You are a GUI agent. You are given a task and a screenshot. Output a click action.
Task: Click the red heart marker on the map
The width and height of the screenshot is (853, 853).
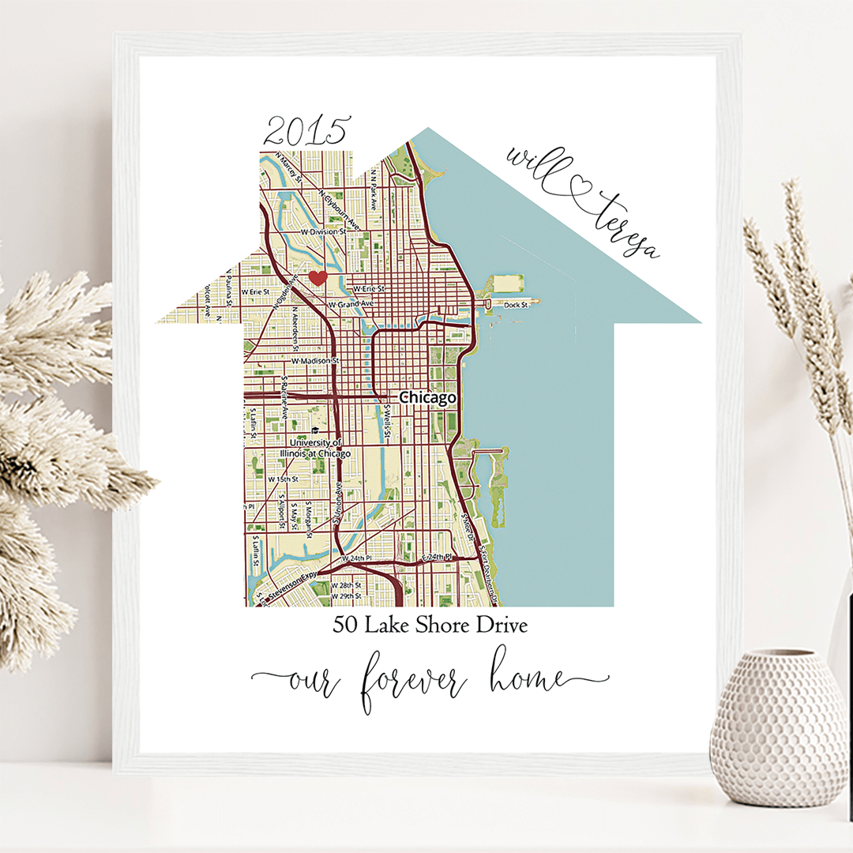point(318,277)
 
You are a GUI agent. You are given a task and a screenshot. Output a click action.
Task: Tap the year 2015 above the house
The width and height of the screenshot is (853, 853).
point(306,130)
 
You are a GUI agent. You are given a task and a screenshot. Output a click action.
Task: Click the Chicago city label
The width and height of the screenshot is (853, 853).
point(427,398)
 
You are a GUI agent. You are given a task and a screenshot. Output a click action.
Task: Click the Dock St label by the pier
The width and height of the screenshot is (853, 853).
point(515,304)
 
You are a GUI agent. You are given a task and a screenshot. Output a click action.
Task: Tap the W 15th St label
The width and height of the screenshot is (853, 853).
point(283,479)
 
